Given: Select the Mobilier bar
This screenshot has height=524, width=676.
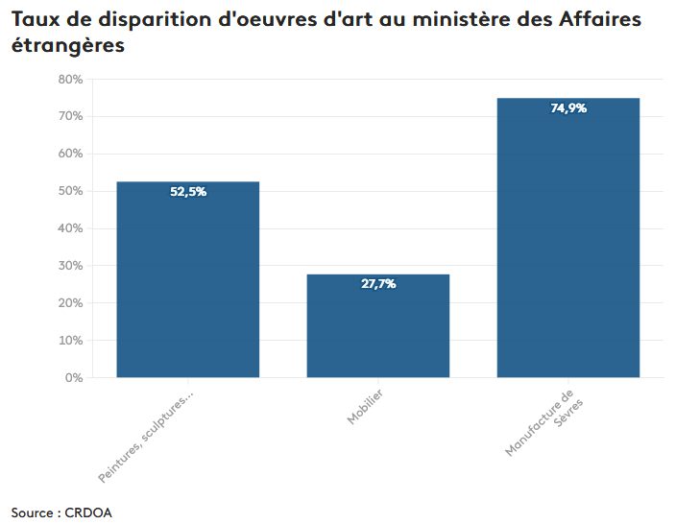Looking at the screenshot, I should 377,331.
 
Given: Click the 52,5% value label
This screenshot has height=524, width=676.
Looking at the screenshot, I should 188,192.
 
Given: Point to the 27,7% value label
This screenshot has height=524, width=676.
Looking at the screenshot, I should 378,284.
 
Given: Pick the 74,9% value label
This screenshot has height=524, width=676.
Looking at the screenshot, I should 568,108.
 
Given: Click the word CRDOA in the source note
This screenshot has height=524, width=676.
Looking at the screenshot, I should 88,512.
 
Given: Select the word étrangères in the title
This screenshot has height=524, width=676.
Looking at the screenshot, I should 68,45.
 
